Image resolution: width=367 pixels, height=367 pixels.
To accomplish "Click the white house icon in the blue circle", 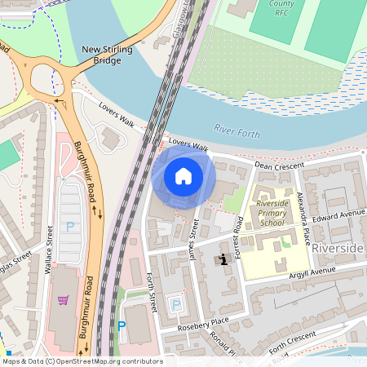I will pyautogui.click(x=183, y=176).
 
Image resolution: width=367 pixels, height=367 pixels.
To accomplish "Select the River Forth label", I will pyautogui.click(x=237, y=128).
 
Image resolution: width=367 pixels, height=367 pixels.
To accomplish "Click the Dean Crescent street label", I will pyautogui.click(x=279, y=165).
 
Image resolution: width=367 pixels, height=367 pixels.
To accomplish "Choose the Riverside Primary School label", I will pyautogui.click(x=272, y=212).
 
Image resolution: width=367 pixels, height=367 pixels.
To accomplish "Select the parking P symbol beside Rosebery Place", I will pyautogui.click(x=175, y=305).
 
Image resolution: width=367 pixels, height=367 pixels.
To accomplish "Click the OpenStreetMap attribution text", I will pyautogui.click(x=82, y=361).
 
